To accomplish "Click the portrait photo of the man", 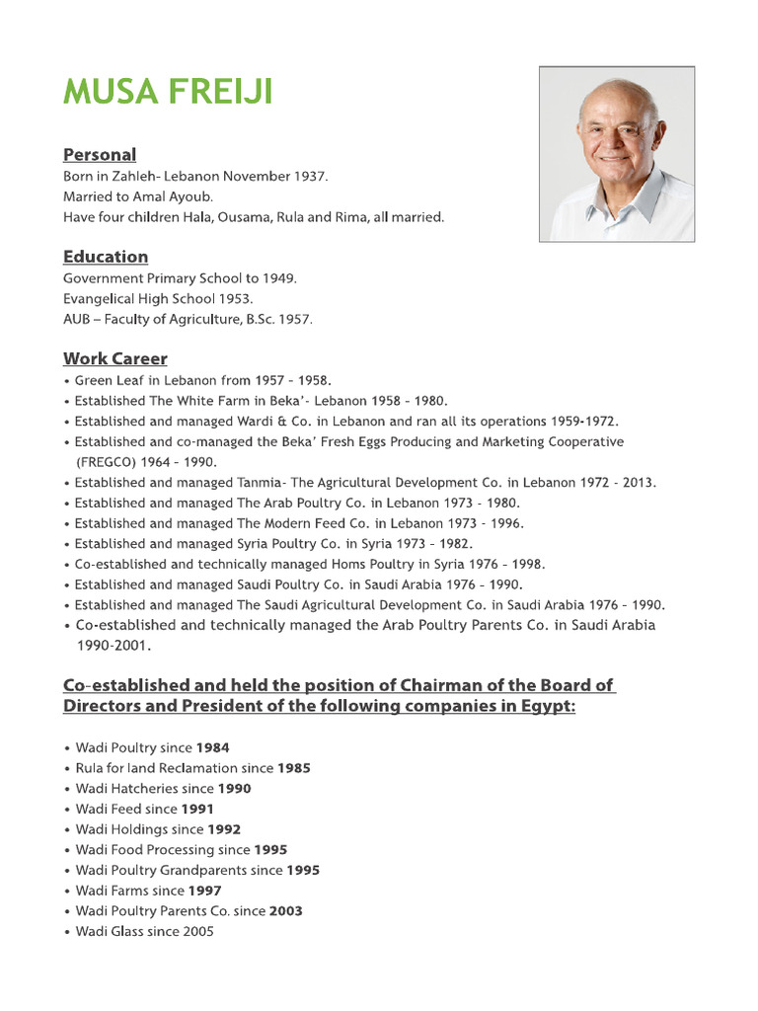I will click(617, 154).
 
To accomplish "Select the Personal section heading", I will click(100, 154).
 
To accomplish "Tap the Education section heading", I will click(106, 257).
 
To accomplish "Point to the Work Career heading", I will click(115, 358).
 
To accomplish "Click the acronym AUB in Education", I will click(79, 319).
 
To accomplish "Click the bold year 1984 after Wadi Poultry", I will click(213, 747).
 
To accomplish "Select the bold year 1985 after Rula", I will click(294, 767).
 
